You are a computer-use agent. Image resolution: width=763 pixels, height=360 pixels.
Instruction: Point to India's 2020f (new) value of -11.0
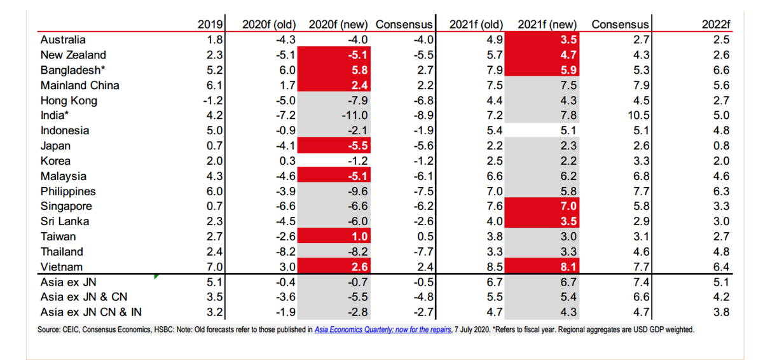coord(354,115)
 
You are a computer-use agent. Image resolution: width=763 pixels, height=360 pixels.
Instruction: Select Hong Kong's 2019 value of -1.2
coord(210,100)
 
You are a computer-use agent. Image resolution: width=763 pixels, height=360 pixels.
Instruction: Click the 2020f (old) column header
coord(269,24)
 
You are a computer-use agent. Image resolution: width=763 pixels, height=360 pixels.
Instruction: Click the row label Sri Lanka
coord(65,221)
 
